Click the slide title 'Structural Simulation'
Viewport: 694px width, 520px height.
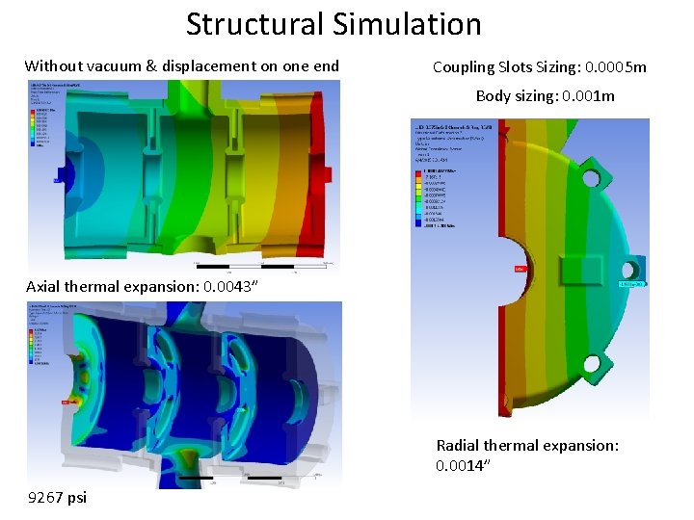[x=334, y=24]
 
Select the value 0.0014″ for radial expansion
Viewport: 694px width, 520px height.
[x=464, y=466]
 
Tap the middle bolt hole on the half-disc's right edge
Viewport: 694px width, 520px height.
[x=636, y=268]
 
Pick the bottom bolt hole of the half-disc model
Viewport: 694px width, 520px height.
[x=590, y=365]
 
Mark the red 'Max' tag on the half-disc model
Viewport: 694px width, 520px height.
[x=520, y=269]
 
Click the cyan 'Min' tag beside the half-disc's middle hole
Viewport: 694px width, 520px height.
[x=631, y=284]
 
